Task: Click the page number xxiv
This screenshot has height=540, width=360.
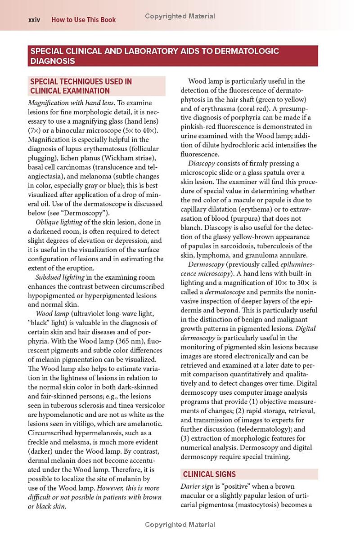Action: pyautogui.click(x=34, y=20)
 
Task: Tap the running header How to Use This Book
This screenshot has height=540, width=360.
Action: pyautogui.click(x=83, y=20)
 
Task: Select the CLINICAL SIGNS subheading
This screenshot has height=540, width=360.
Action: pyautogui.click(x=209, y=474)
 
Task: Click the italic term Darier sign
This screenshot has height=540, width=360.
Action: pyautogui.click(x=197, y=486)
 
